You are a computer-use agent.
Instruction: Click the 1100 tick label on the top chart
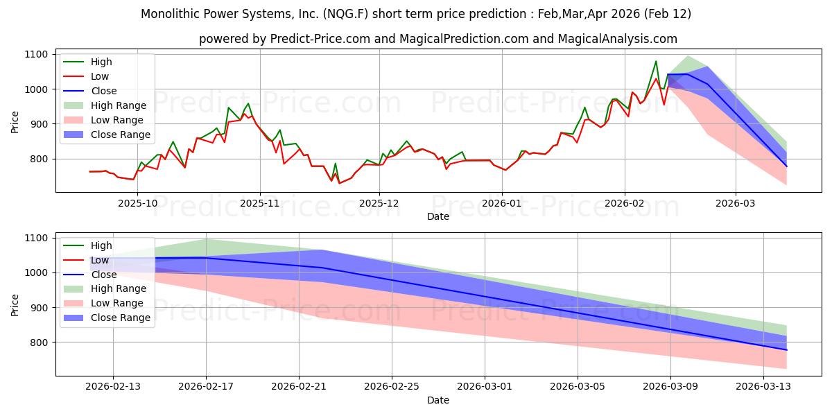coord(36,54)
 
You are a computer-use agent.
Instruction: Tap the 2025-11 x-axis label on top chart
coord(260,204)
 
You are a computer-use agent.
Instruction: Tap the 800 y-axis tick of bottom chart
coord(39,343)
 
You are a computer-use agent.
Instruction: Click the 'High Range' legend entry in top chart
coord(114,105)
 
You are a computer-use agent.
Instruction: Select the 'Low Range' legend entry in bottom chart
coord(114,303)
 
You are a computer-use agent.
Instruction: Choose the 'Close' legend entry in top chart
coord(103,91)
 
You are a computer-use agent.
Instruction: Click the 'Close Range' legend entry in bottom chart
coord(116,318)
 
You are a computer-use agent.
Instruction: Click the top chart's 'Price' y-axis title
coord(15,122)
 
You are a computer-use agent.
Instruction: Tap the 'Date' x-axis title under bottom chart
coord(437,400)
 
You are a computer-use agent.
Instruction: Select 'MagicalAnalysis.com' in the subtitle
coord(621,39)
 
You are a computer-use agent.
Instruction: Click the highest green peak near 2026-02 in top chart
coord(656,61)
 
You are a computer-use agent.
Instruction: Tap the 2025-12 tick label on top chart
coord(379,204)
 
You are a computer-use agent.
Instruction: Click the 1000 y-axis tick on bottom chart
coord(36,272)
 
